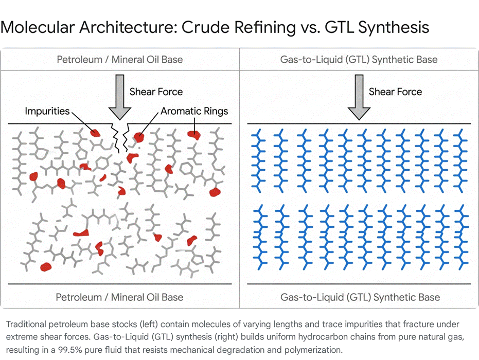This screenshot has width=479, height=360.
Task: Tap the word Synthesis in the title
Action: tap(394, 28)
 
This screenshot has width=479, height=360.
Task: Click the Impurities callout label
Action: tap(47, 111)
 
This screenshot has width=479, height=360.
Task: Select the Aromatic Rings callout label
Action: tap(194, 111)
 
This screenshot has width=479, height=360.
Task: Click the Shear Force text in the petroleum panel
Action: tap(156, 92)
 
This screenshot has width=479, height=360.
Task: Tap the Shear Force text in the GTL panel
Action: tap(395, 92)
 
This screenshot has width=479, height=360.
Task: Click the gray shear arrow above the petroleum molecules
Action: tap(120, 97)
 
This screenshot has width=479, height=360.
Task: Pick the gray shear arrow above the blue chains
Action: tap(359, 97)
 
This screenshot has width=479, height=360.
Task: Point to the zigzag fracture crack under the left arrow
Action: tap(120, 137)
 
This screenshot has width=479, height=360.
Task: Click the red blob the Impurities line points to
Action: tap(95, 133)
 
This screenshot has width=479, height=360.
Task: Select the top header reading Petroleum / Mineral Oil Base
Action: tap(120, 60)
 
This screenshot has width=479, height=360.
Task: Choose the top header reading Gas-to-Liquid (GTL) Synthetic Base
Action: tap(359, 60)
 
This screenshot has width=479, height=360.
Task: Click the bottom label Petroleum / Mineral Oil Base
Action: tap(119, 297)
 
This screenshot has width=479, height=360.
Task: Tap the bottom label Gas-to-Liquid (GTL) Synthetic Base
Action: tap(360, 297)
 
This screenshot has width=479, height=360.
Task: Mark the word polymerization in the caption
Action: tap(313, 350)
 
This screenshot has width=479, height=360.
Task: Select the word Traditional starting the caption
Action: tap(26, 325)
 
